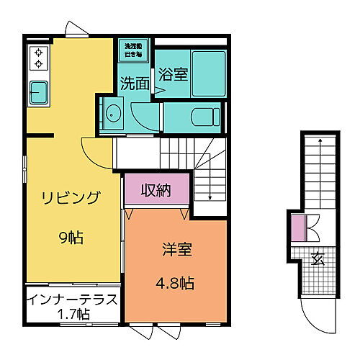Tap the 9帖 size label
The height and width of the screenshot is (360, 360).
tap(70, 236)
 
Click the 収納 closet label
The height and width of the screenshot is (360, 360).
tap(156, 192)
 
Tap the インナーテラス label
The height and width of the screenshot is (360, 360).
tap(72, 300)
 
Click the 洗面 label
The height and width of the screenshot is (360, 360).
tap(135, 84)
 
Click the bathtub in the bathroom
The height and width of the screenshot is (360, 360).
tap(209, 71)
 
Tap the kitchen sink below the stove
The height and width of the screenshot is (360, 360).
tap(38, 92)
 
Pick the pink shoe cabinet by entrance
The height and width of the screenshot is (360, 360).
tap(299, 228)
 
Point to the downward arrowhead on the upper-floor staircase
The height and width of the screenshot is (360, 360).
tap(209, 196)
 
